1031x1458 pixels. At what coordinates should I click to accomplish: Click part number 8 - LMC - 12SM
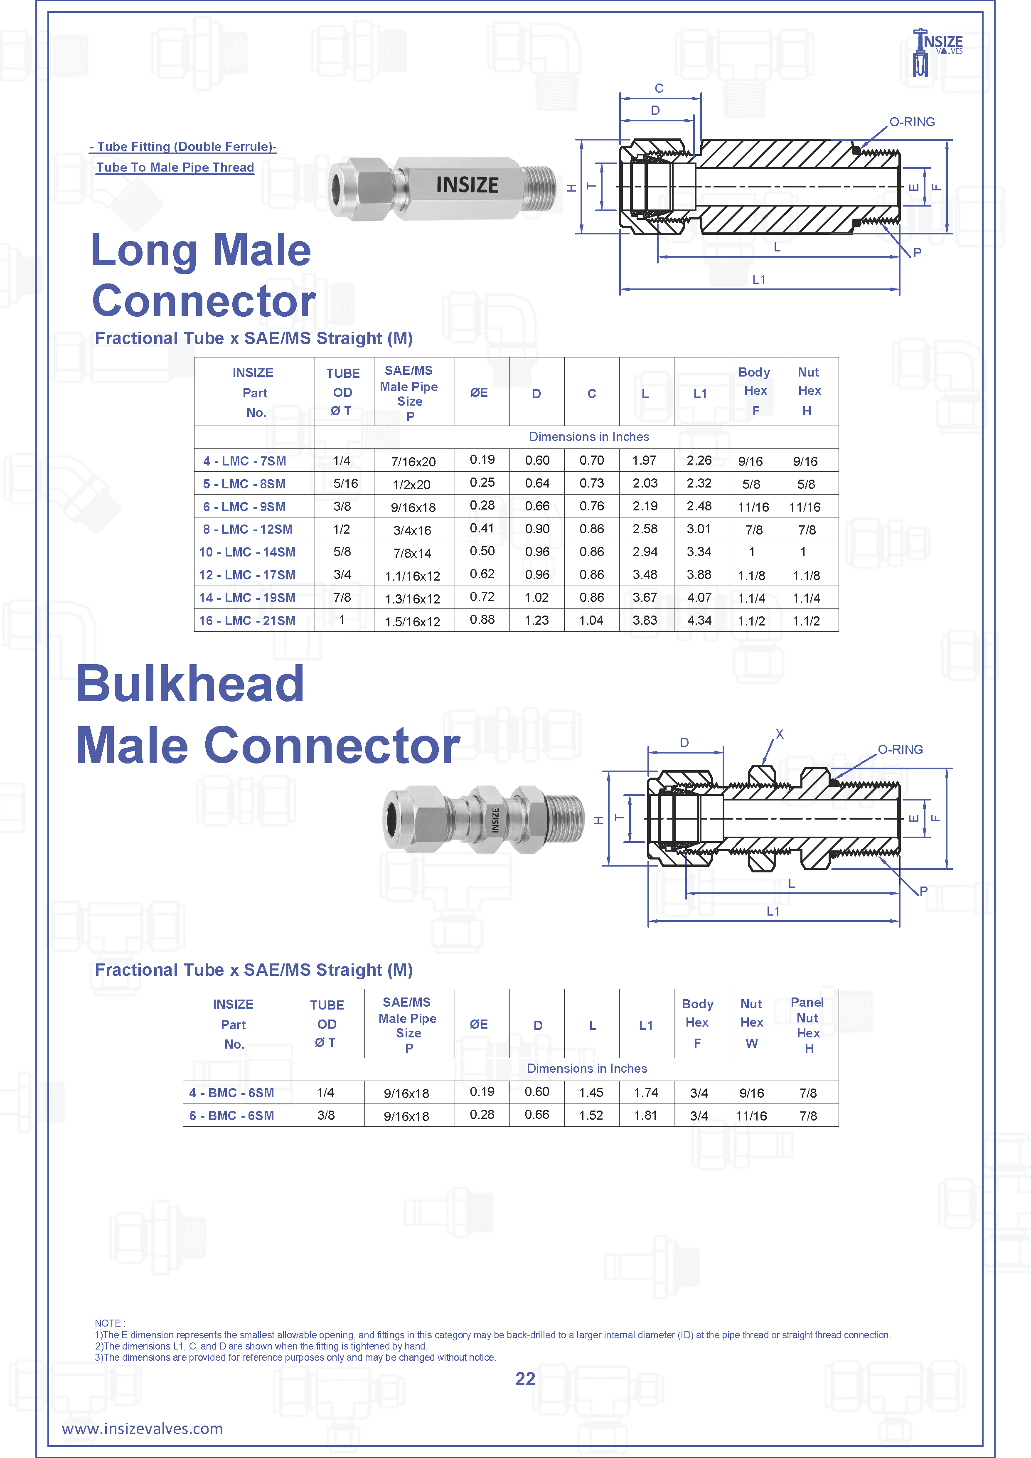point(248,529)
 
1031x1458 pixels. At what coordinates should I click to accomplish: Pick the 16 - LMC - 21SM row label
point(248,621)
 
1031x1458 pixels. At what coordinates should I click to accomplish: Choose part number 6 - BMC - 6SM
point(232,1116)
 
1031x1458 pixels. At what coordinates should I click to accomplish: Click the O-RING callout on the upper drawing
point(912,122)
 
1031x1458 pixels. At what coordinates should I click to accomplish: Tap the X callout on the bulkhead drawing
point(780,734)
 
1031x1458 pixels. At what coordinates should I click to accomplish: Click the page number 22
point(525,1379)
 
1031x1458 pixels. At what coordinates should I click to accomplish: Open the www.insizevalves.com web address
point(142,1429)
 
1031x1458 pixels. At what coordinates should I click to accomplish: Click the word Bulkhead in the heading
point(190,684)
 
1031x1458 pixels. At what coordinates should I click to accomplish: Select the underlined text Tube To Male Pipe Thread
point(175,167)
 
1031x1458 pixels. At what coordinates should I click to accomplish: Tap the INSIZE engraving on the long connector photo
point(467,185)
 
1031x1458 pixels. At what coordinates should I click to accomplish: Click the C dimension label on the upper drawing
point(659,88)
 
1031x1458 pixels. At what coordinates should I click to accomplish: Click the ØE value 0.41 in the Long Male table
point(482,528)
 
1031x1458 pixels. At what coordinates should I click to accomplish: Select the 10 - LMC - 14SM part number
point(248,552)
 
